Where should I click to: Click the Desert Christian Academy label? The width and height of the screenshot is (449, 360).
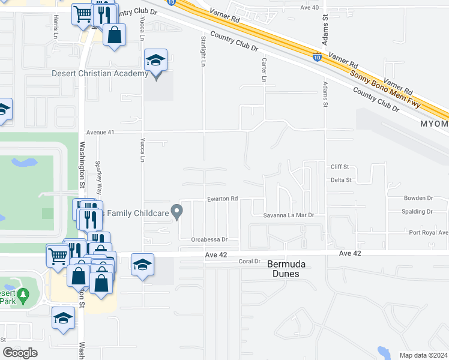[x=99, y=74]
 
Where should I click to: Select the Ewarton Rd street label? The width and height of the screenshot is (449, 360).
[x=223, y=199]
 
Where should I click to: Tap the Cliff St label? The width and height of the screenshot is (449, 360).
[x=340, y=167]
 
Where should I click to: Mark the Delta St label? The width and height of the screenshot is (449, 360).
[x=340, y=179]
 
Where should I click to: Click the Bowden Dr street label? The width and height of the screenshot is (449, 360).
[x=418, y=198]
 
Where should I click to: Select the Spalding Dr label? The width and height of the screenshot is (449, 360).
[x=417, y=212]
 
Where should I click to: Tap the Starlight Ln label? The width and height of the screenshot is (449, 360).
[x=204, y=49]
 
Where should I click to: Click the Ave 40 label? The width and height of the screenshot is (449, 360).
[x=309, y=7]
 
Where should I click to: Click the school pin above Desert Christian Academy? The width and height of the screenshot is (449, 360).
[x=155, y=61]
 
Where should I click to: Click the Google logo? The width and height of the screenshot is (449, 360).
[x=20, y=353]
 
